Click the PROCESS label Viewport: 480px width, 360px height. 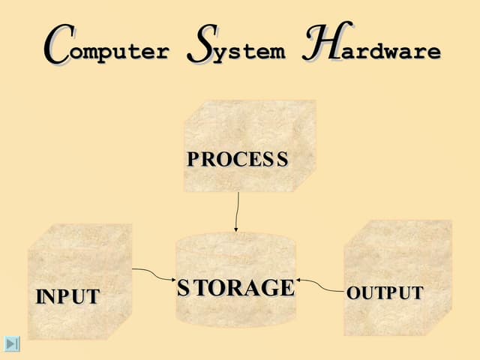point(238,159)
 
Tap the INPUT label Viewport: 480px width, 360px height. point(67,296)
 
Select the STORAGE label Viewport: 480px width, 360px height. point(235,287)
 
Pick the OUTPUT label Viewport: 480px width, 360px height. point(385,292)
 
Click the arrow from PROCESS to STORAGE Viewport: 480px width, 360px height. point(238,210)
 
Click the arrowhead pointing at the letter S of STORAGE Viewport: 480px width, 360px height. point(172,281)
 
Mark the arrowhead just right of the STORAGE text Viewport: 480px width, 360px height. point(299,283)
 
